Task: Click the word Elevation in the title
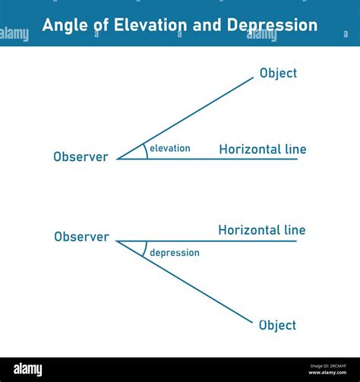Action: click(x=148, y=25)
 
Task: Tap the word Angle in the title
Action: click(x=64, y=25)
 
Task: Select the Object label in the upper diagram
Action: click(x=278, y=73)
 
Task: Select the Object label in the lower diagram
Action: click(x=277, y=325)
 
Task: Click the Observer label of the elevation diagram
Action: click(x=81, y=156)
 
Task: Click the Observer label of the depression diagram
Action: click(x=81, y=236)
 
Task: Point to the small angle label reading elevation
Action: click(x=170, y=148)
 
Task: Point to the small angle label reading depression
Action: click(x=174, y=252)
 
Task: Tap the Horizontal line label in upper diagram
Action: click(x=262, y=149)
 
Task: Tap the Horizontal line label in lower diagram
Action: click(x=261, y=229)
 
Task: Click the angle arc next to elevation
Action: click(x=146, y=151)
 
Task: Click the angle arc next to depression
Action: click(x=144, y=249)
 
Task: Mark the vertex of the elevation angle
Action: click(x=117, y=159)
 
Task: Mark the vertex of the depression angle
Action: click(x=117, y=242)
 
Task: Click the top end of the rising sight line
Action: click(x=253, y=77)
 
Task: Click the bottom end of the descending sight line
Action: click(x=251, y=322)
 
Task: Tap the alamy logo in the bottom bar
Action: click(x=28, y=369)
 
